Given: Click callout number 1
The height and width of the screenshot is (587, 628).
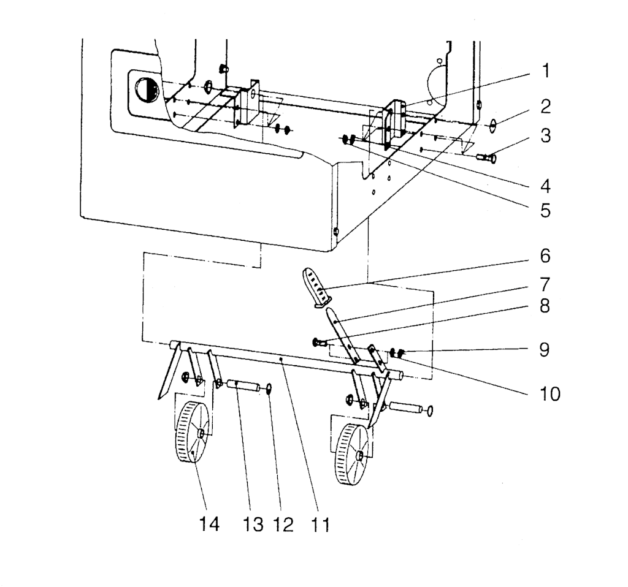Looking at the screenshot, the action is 545,71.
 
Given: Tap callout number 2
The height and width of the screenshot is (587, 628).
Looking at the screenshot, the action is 545,107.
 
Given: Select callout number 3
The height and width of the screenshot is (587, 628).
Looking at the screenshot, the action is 545,135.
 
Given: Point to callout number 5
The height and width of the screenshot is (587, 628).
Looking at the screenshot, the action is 545,210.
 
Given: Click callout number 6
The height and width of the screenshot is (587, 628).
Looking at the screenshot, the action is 545,256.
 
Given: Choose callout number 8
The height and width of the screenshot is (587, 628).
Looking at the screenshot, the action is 545,306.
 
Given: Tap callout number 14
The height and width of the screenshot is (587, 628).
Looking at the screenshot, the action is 210,524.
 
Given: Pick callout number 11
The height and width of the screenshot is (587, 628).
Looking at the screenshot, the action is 320,524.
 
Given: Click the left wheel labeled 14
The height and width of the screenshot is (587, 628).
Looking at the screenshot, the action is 192,433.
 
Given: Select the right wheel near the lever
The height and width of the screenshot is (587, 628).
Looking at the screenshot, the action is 353,454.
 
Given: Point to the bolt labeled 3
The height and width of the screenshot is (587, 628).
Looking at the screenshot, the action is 486,158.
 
